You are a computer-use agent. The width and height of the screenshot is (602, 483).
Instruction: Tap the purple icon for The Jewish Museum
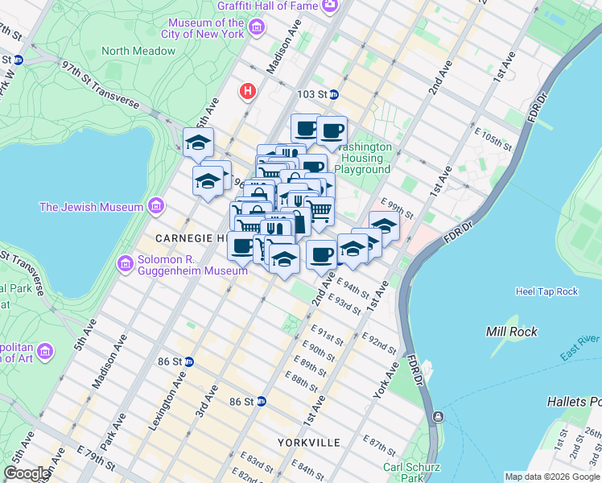[157, 207]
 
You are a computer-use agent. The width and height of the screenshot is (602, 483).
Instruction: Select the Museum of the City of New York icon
[257, 29]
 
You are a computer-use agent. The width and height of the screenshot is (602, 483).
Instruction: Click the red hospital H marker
[248, 93]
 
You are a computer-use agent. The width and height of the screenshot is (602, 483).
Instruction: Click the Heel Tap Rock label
[546, 291]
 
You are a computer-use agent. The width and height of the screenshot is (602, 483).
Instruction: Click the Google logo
[26, 473]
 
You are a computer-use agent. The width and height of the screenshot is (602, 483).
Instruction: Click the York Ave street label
[387, 381]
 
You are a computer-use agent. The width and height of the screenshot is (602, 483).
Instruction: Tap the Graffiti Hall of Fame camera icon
[329, 6]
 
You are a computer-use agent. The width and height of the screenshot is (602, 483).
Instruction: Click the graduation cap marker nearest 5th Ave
[198, 142]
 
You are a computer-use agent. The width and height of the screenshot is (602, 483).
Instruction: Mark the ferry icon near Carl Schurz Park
[438, 416]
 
